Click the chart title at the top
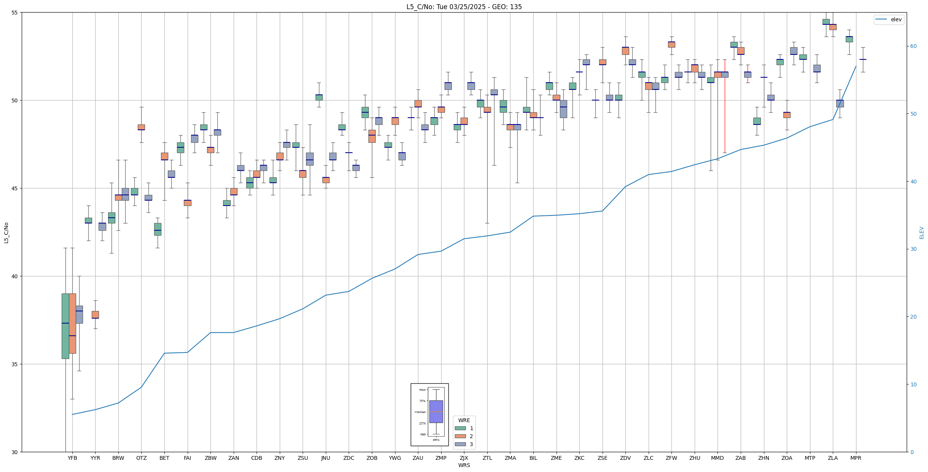(x=464, y=7)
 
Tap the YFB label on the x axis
(x=72, y=458)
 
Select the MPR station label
(x=856, y=458)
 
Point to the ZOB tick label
(x=372, y=458)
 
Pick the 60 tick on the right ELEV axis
(x=913, y=46)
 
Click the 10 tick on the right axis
(x=913, y=384)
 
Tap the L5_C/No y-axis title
(x=6, y=233)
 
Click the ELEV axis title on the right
(x=922, y=233)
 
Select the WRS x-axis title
(x=464, y=465)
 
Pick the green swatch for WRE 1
(x=460, y=428)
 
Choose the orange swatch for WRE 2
(x=460, y=436)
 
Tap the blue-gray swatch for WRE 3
(x=460, y=444)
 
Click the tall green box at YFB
(x=65, y=326)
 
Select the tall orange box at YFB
(x=72, y=323)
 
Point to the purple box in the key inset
(x=436, y=411)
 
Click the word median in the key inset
(x=420, y=412)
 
